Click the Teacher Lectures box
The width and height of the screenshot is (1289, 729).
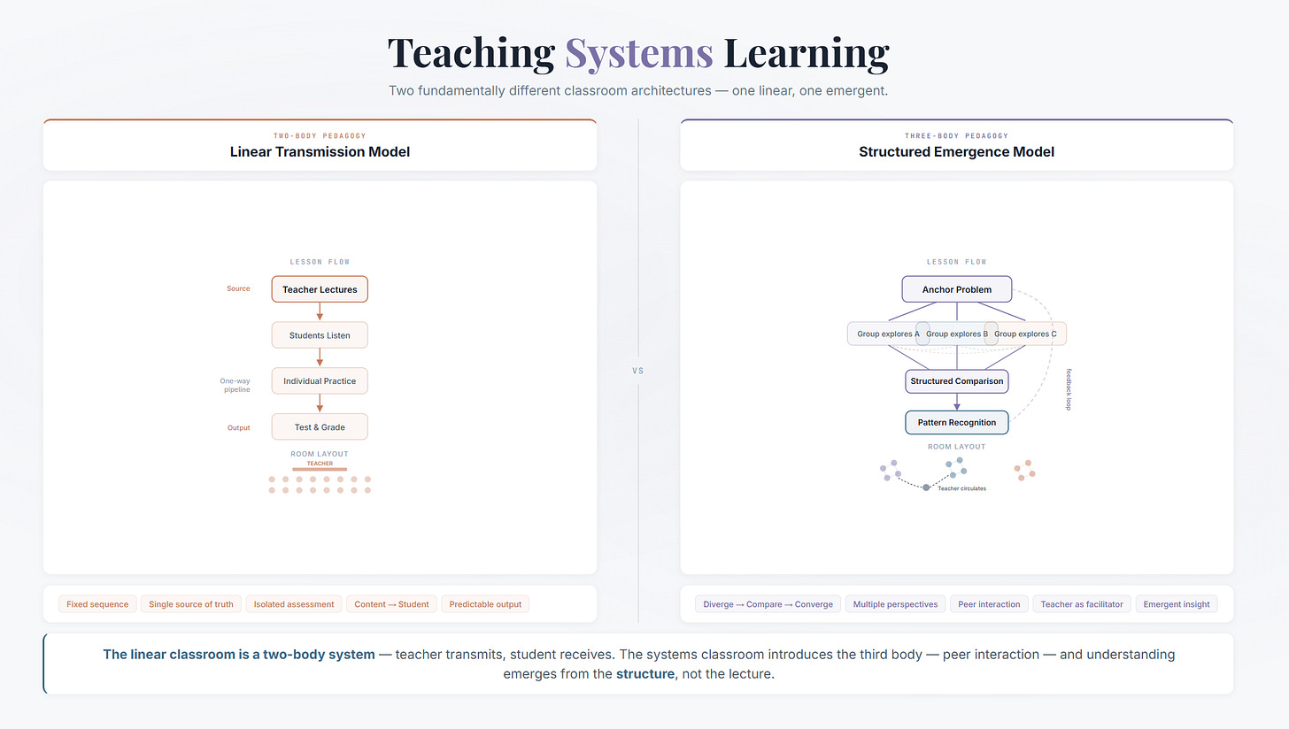(x=320, y=289)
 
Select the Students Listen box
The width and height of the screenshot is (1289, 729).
(x=320, y=335)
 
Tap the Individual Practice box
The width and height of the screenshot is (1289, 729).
(x=320, y=381)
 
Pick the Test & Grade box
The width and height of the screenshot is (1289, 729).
(x=320, y=427)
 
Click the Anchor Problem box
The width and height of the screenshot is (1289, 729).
(x=956, y=289)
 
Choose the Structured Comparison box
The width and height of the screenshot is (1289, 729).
(x=956, y=381)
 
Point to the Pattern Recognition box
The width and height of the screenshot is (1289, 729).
(x=956, y=423)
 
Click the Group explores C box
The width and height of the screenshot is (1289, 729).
(x=1027, y=334)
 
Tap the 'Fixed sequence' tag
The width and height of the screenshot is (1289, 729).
(x=97, y=604)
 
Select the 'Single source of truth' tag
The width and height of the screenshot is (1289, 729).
(x=191, y=604)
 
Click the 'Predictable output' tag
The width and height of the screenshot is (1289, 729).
(x=485, y=604)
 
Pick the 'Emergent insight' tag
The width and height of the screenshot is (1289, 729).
(x=1177, y=604)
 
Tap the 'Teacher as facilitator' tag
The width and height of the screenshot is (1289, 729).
(x=1081, y=604)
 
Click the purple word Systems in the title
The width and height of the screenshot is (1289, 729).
(x=638, y=53)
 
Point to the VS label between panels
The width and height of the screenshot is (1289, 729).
(x=638, y=371)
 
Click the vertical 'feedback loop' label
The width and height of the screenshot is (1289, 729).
(x=1069, y=388)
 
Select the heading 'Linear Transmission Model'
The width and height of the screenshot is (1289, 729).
(x=320, y=152)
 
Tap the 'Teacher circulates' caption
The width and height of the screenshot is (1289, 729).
(x=961, y=488)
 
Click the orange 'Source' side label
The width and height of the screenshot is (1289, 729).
(x=238, y=288)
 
